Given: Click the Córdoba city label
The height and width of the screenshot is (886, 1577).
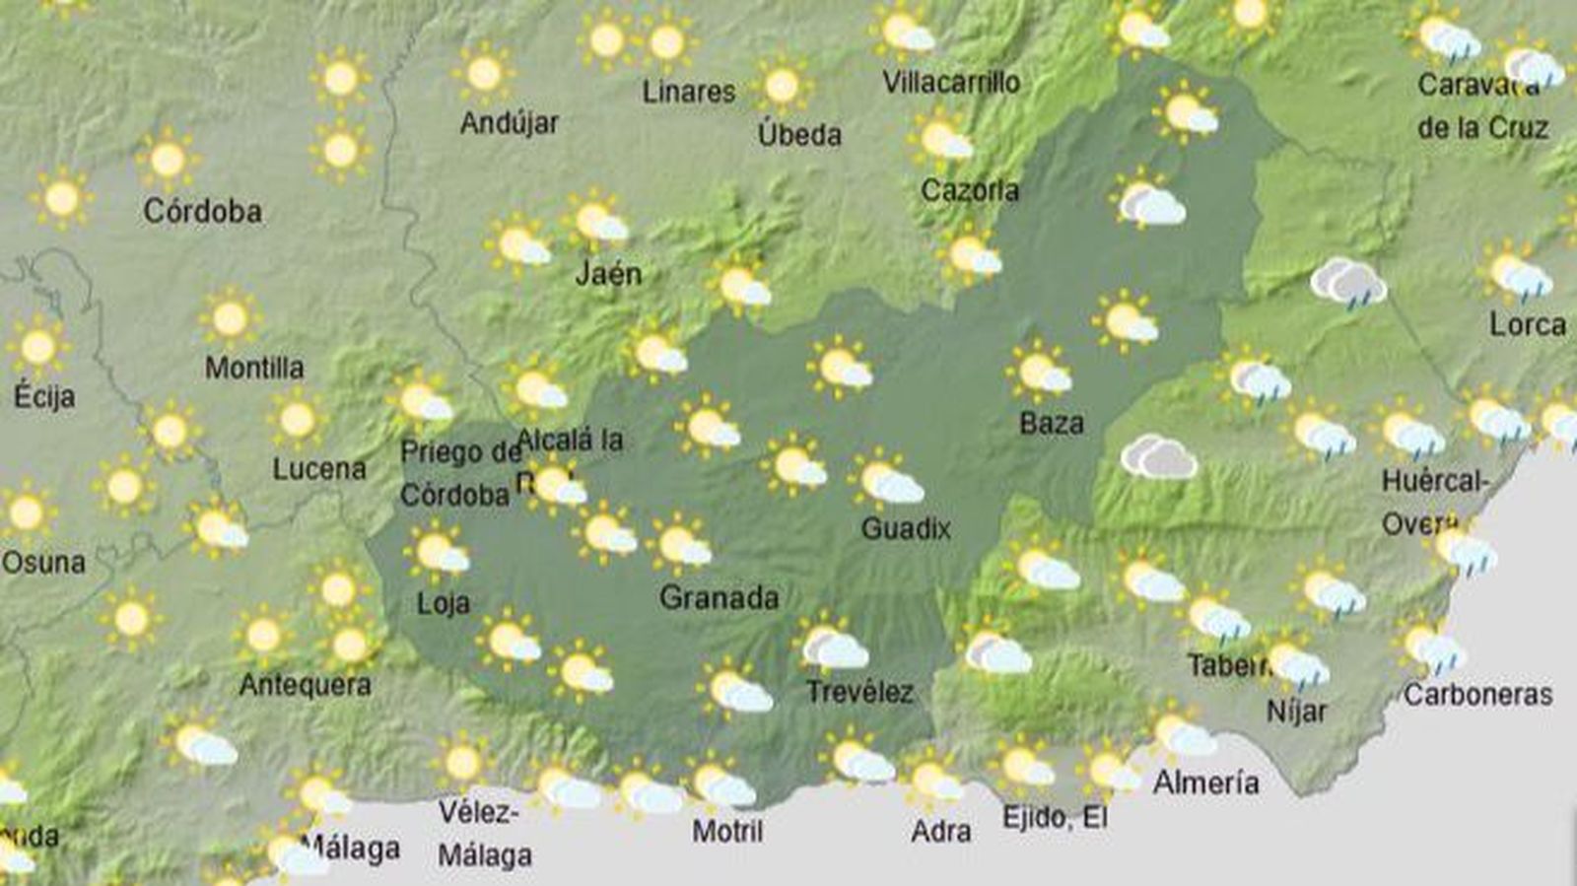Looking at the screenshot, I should pyautogui.click(x=202, y=211).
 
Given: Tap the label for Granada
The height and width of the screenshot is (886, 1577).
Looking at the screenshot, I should pyautogui.click(x=719, y=597).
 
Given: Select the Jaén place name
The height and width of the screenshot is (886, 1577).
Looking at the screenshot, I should pyautogui.click(x=608, y=273).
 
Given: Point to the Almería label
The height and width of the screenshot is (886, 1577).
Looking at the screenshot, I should pyautogui.click(x=1205, y=783).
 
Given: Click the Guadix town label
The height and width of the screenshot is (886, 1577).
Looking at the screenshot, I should pyautogui.click(x=906, y=529).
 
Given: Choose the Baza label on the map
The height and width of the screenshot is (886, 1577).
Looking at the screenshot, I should pyautogui.click(x=1051, y=424).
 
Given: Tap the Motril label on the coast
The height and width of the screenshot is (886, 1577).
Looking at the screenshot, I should pyautogui.click(x=727, y=831).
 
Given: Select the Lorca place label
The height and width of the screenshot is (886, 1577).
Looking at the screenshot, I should pyautogui.click(x=1527, y=324).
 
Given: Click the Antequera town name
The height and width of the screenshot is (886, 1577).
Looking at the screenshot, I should pyautogui.click(x=305, y=684).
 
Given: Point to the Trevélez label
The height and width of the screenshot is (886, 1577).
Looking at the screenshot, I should pyautogui.click(x=859, y=692).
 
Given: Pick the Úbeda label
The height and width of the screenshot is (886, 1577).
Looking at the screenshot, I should pyautogui.click(x=799, y=134).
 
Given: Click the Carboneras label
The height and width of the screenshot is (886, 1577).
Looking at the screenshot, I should pyautogui.click(x=1477, y=695).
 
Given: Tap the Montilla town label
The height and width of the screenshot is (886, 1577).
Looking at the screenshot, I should pyautogui.click(x=254, y=368).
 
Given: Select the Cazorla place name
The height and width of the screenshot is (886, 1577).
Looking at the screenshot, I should pyautogui.click(x=970, y=190).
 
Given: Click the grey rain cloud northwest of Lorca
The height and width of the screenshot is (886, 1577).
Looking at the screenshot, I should pyautogui.click(x=1347, y=283).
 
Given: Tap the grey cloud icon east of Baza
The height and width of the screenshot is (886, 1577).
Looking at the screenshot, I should pyautogui.click(x=1159, y=457).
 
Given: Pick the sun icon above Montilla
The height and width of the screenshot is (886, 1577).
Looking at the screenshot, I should pyautogui.click(x=230, y=318).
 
